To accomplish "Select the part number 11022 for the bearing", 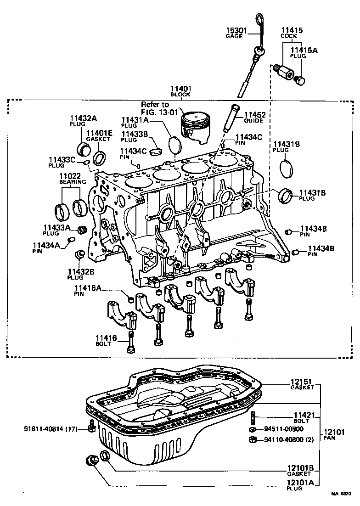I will click(69, 176).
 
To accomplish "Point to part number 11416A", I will click(88, 288).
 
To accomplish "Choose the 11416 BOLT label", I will click(106, 340).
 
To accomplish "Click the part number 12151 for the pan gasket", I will click(302, 381).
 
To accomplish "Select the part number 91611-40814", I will click(46, 429).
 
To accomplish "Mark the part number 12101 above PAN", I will click(333, 433).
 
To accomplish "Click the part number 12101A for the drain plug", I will click(301, 483).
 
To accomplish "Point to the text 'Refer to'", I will click(155, 105).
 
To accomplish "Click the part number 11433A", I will click(57, 227).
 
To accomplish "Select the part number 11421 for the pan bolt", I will click(304, 416).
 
